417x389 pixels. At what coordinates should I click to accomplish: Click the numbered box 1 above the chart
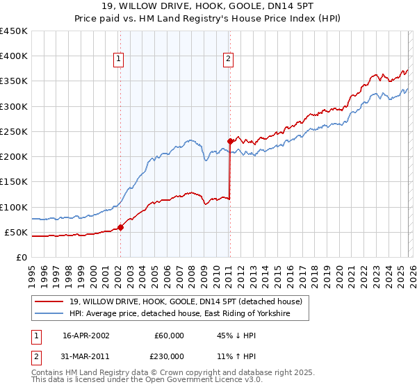tap(120, 60)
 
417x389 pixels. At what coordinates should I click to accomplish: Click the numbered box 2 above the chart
tap(228, 60)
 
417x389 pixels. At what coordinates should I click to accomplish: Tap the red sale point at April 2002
tap(120, 226)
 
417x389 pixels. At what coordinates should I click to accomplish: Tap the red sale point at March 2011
tap(229, 141)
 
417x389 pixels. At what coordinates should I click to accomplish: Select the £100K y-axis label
tap(15, 207)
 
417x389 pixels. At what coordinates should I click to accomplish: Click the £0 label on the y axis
tap(22, 257)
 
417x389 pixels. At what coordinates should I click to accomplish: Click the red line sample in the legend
tap(49, 301)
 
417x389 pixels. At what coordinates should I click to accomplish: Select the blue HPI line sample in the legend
tap(49, 314)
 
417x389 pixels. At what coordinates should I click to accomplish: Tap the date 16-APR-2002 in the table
tap(86, 336)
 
